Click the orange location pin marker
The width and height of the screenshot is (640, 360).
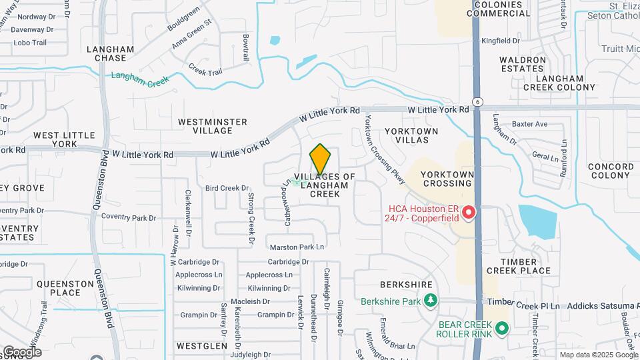tap(320, 159)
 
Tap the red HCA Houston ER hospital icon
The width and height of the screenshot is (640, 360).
tap(469, 213)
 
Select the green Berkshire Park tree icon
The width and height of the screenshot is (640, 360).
tap(431, 301)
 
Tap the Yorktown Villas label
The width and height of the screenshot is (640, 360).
tap(411, 136)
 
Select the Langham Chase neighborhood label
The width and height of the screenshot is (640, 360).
tap(111, 53)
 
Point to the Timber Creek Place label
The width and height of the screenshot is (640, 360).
tap(519, 266)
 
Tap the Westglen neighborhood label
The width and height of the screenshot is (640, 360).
tap(194, 346)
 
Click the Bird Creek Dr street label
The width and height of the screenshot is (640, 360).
tap(227, 188)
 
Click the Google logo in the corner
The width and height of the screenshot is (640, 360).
tap(21, 352)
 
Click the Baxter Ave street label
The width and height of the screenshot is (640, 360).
tap(529, 124)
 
